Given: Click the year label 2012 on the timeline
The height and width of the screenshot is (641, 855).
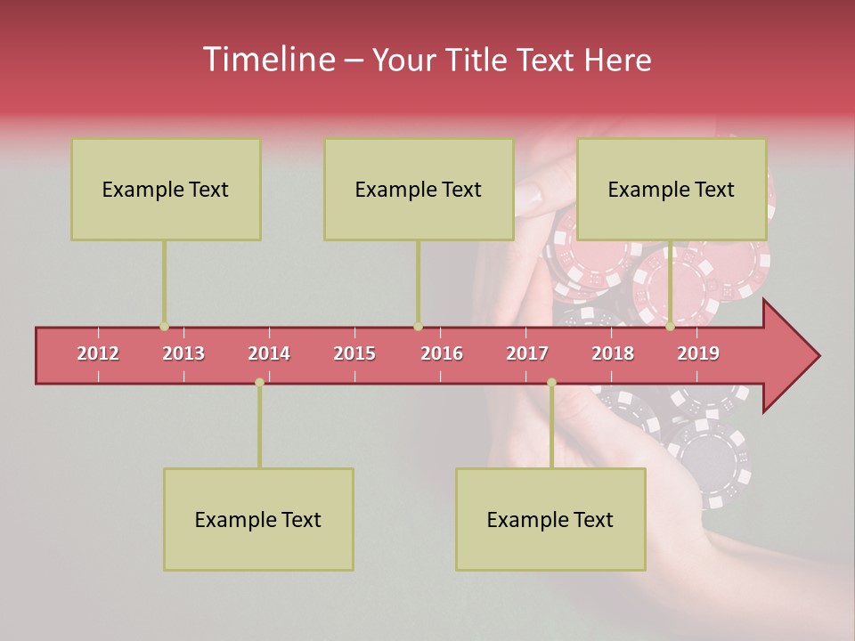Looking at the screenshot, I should [x=98, y=353].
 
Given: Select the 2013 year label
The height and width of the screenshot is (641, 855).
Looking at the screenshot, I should [x=183, y=353].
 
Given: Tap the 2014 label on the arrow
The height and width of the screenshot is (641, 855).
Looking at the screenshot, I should [x=269, y=353].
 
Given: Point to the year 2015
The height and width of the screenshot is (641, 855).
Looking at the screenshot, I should [x=354, y=353].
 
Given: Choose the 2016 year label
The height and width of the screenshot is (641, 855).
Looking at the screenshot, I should [x=442, y=353].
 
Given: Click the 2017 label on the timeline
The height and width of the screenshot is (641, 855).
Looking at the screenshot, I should [x=527, y=353].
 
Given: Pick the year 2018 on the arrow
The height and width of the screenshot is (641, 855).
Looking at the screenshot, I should [x=613, y=353].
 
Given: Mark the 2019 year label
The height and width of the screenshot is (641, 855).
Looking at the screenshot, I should [x=698, y=353].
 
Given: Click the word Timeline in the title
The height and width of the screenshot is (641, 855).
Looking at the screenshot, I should [x=267, y=60].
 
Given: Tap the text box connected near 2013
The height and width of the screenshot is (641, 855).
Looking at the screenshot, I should [x=166, y=189].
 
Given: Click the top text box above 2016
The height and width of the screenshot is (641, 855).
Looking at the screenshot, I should [x=419, y=189].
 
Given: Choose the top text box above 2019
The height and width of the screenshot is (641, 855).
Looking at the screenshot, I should [x=672, y=189].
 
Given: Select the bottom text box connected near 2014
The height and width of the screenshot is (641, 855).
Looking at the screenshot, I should [x=258, y=519].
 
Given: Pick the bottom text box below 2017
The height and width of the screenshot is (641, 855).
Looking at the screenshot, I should [x=550, y=519].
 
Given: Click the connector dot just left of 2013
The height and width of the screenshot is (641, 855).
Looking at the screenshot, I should [x=164, y=327].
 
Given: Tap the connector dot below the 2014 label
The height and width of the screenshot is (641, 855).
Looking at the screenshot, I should [x=259, y=382].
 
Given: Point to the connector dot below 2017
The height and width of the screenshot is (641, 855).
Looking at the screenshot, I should [x=551, y=382].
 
